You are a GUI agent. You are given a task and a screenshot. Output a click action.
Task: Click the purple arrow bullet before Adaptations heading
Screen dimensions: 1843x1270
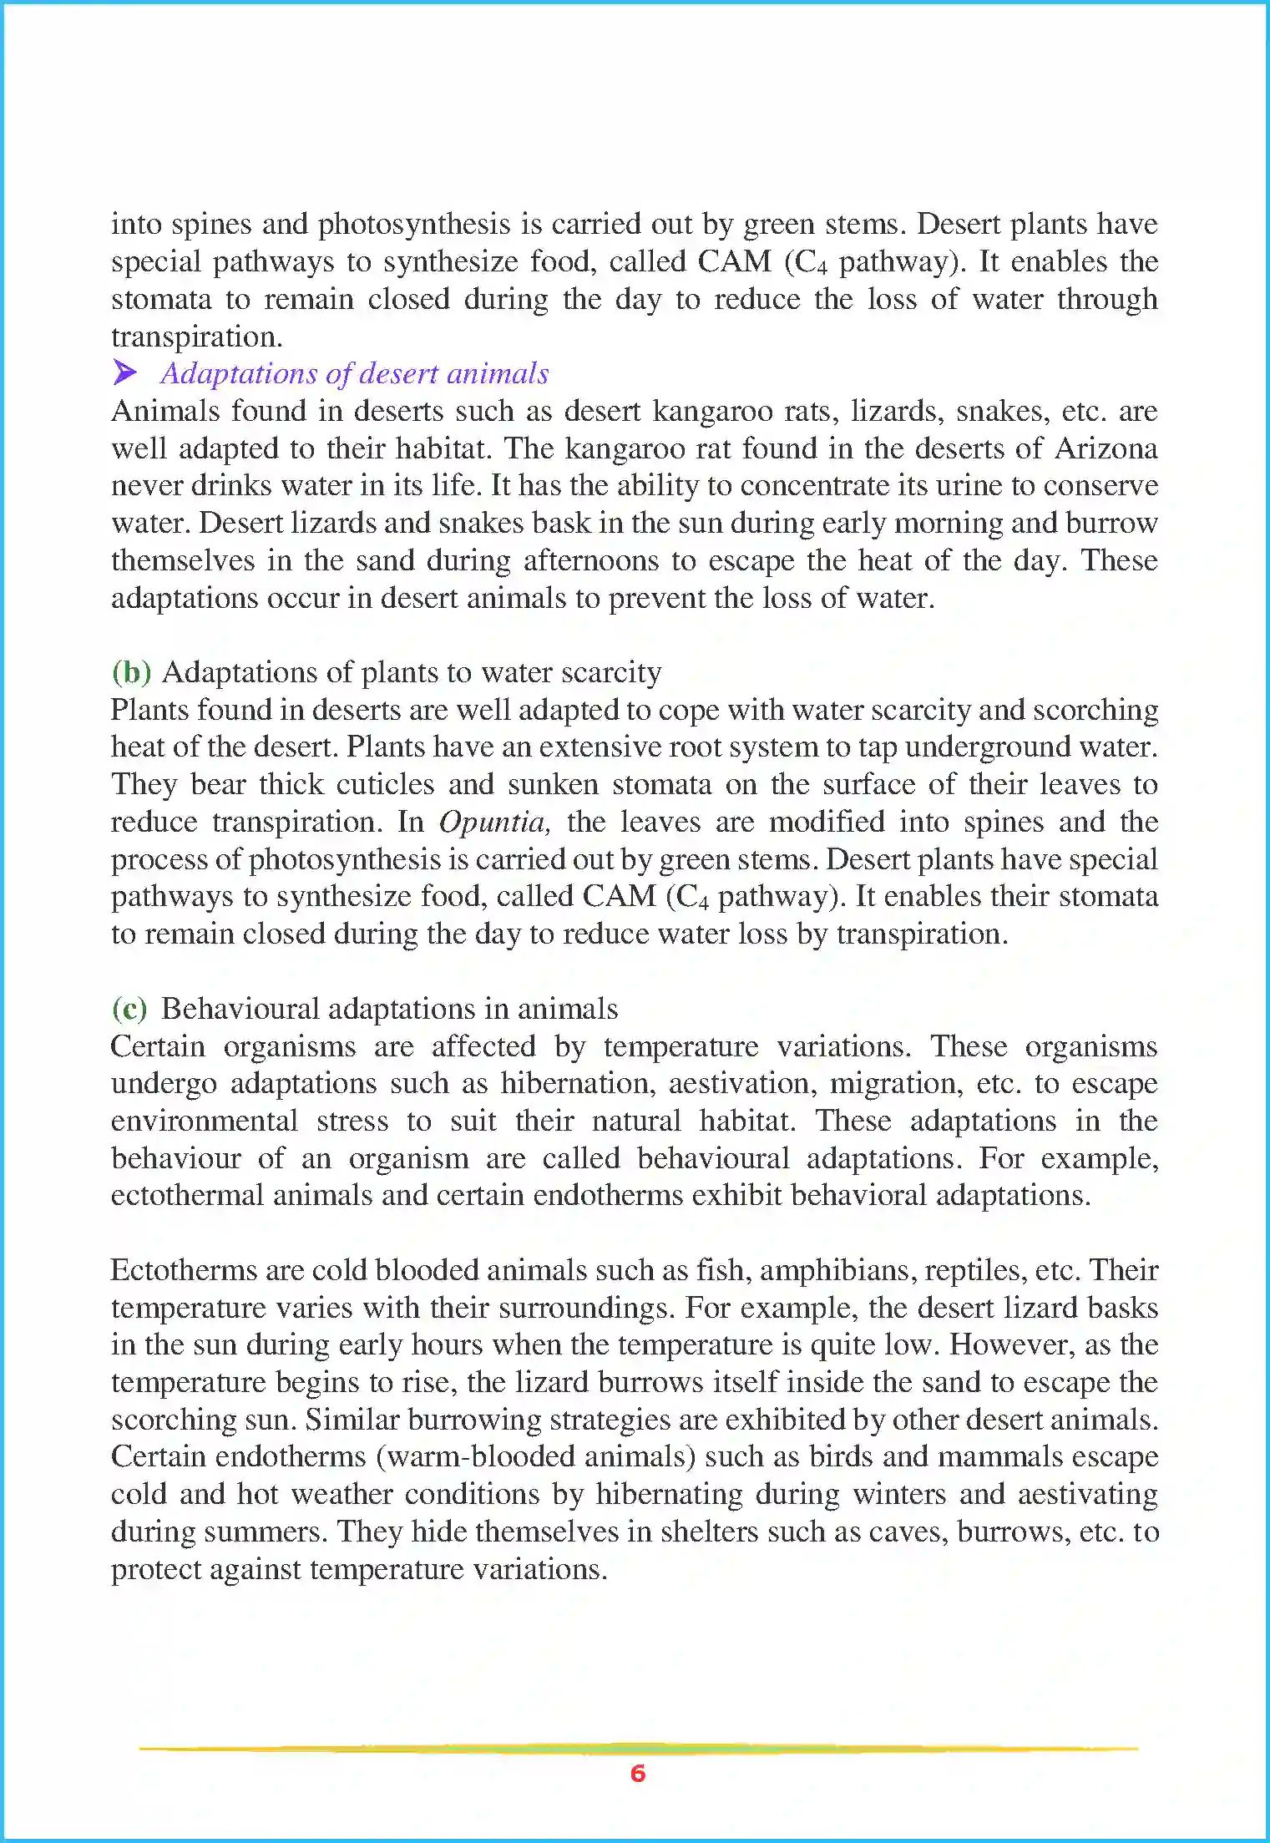tap(125, 372)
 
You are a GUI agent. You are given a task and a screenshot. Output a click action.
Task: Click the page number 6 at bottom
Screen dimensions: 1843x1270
tap(638, 1773)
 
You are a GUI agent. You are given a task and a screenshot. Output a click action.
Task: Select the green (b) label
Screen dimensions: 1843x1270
tap(131, 671)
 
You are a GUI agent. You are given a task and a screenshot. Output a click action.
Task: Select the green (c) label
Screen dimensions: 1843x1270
tap(129, 1009)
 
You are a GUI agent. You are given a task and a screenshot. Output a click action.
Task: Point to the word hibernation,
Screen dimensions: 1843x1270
tap(577, 1083)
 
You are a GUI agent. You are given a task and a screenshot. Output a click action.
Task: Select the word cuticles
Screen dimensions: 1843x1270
tap(385, 784)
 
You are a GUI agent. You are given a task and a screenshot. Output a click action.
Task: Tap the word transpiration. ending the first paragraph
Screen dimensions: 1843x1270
tap(197, 337)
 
